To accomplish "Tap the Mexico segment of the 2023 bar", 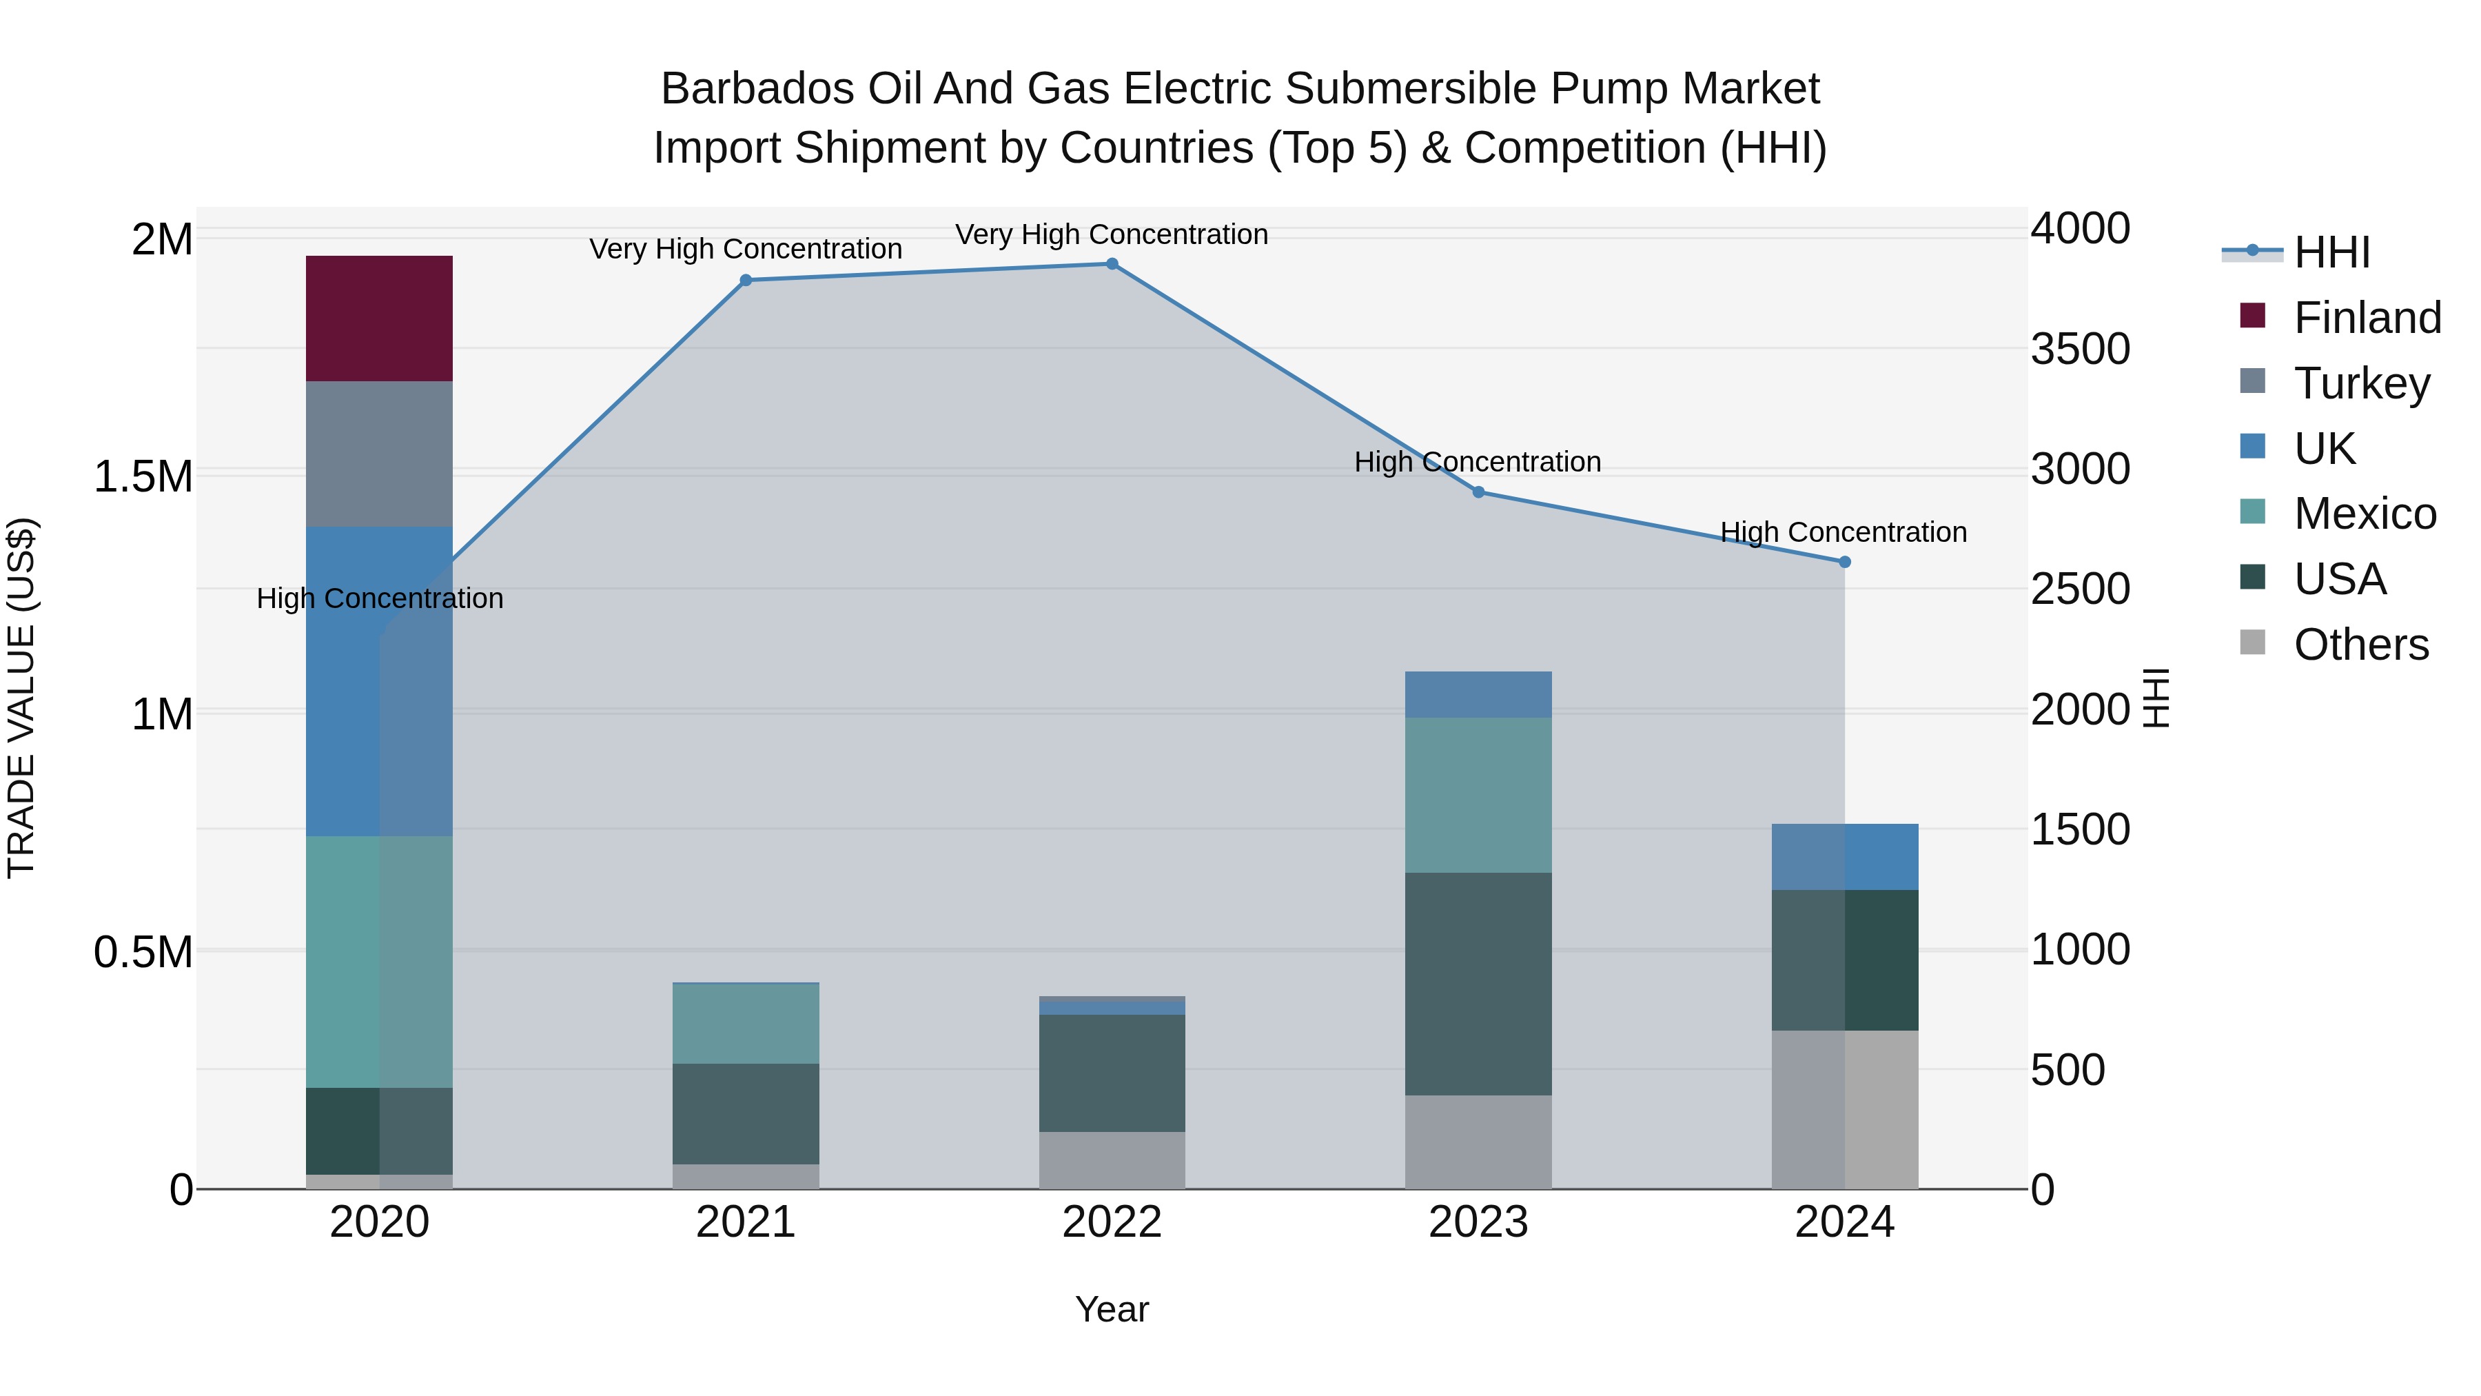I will coord(1478,795).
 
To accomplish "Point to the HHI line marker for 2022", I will coord(1112,264).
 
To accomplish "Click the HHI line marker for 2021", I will coord(746,281).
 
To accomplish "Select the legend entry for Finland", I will coord(2367,318).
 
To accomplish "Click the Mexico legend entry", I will coord(2365,514).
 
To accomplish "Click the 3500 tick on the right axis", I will coord(2081,349).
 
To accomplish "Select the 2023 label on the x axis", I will coord(1478,1222).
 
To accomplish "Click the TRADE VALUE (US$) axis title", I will coord(21,698).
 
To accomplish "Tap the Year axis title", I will coord(1112,1309).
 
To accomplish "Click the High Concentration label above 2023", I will coord(1478,463).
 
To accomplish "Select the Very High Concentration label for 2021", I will coord(746,249).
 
